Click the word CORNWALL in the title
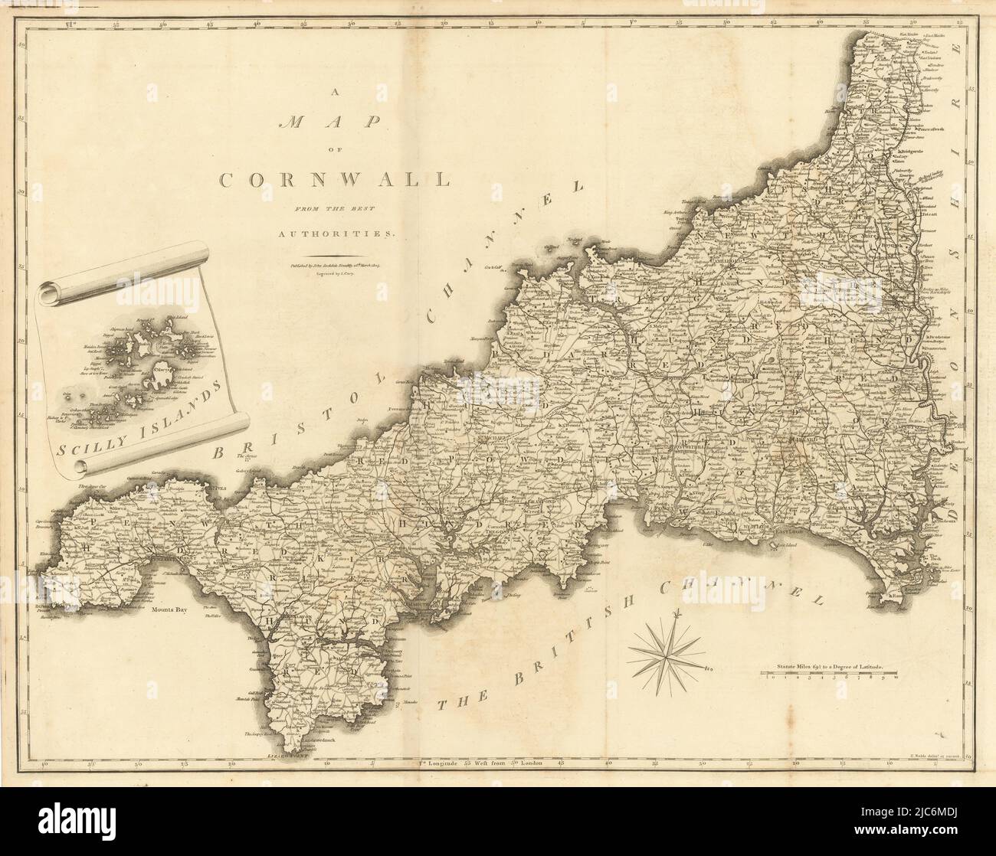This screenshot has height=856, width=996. pos(334,180)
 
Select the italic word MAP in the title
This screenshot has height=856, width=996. pos(334,126)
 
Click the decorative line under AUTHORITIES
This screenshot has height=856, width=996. pos(334,255)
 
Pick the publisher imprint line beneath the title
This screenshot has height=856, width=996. pos(334,267)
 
